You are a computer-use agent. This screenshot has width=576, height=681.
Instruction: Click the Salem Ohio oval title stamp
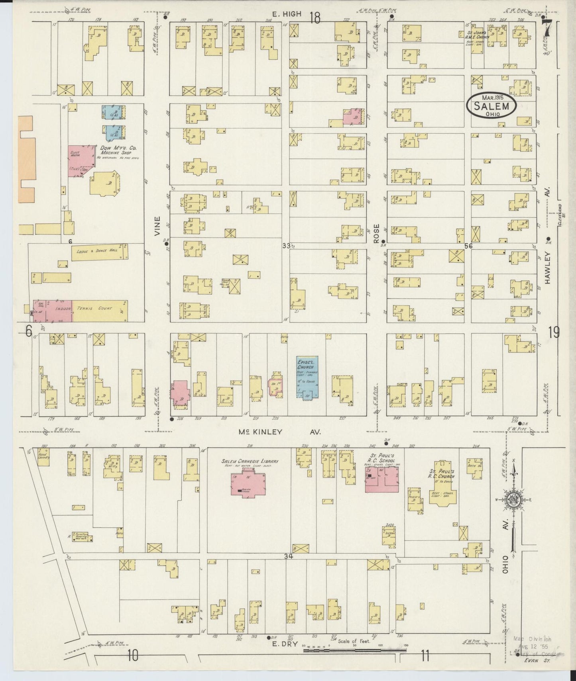coord(491,105)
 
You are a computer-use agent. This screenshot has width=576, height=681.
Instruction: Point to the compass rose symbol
coord(514,501)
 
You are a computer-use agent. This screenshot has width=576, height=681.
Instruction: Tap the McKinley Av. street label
coord(279,432)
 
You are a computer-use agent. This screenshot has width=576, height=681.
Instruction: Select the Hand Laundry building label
coord(43,455)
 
